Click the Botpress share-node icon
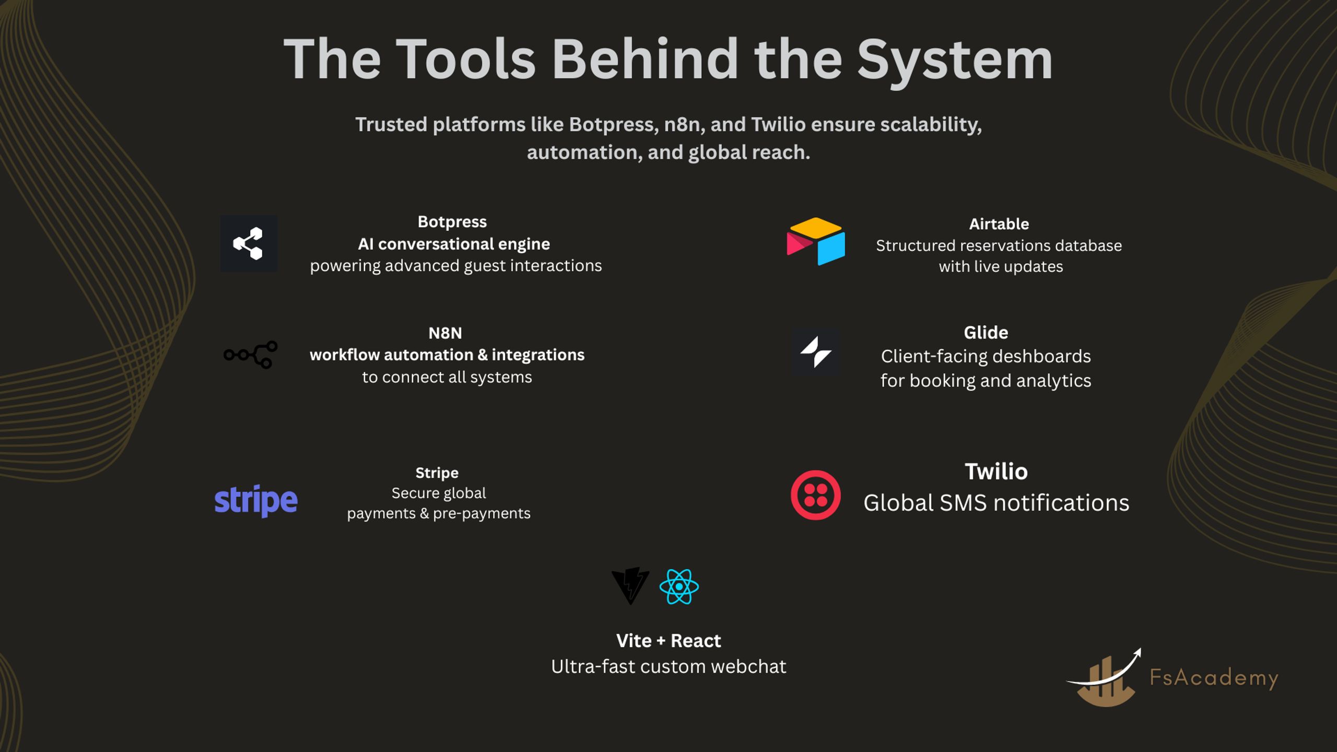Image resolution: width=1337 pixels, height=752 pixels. pyautogui.click(x=249, y=243)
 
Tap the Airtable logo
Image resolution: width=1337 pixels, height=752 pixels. pyautogui.click(x=816, y=241)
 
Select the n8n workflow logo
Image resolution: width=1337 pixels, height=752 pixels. pyautogui.click(x=251, y=355)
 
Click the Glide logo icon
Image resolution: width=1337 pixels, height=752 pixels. pyautogui.click(x=816, y=352)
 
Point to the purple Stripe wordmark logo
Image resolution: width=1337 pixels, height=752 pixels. pyautogui.click(x=256, y=500)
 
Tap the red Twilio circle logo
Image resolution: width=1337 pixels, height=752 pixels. pyautogui.click(x=816, y=495)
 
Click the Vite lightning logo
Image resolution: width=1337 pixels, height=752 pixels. pyautogui.click(x=630, y=586)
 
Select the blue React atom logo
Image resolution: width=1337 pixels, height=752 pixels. pyautogui.click(x=679, y=586)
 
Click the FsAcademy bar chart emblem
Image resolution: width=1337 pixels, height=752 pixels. pyautogui.click(x=1104, y=678)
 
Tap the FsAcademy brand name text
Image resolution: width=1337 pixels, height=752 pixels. pyautogui.click(x=1214, y=678)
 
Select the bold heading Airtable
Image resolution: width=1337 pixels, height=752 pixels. pyautogui.click(x=999, y=224)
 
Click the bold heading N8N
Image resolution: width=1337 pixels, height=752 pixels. pyautogui.click(x=445, y=333)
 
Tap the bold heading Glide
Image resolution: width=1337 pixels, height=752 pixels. pyautogui.click(x=986, y=333)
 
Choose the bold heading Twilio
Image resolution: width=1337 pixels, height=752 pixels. pyautogui.click(x=996, y=472)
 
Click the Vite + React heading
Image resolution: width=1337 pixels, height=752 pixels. pyautogui.click(x=668, y=641)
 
